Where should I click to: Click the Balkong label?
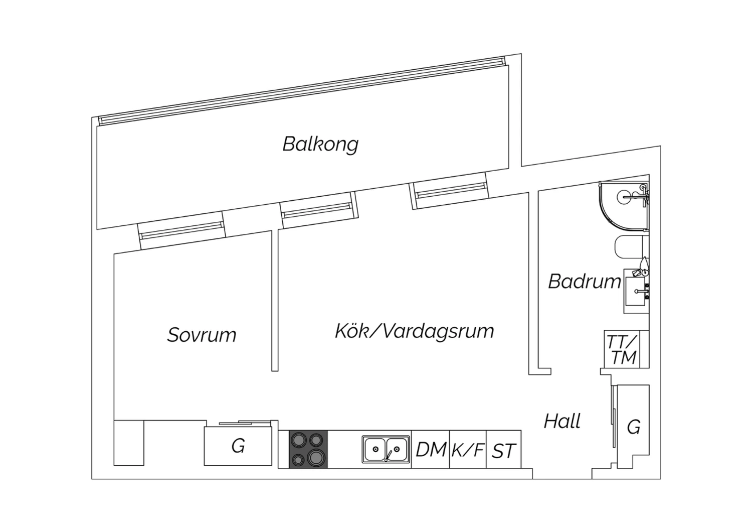click(320, 145)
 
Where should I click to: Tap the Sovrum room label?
click(202, 335)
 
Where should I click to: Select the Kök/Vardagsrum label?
click(414, 331)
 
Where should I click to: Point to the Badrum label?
click(585, 281)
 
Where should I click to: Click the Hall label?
click(562, 421)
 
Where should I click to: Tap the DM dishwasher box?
click(430, 449)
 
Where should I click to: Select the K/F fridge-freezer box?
click(468, 449)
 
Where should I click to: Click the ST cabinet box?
click(503, 449)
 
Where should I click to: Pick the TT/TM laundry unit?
click(622, 349)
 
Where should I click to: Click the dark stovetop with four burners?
click(308, 449)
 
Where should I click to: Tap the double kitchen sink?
click(386, 449)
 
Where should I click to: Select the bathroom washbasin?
click(636, 291)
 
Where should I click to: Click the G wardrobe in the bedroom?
click(238, 446)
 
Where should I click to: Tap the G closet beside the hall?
click(633, 427)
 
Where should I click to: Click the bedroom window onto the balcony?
click(181, 230)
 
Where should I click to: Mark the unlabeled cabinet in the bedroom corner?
click(129, 443)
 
